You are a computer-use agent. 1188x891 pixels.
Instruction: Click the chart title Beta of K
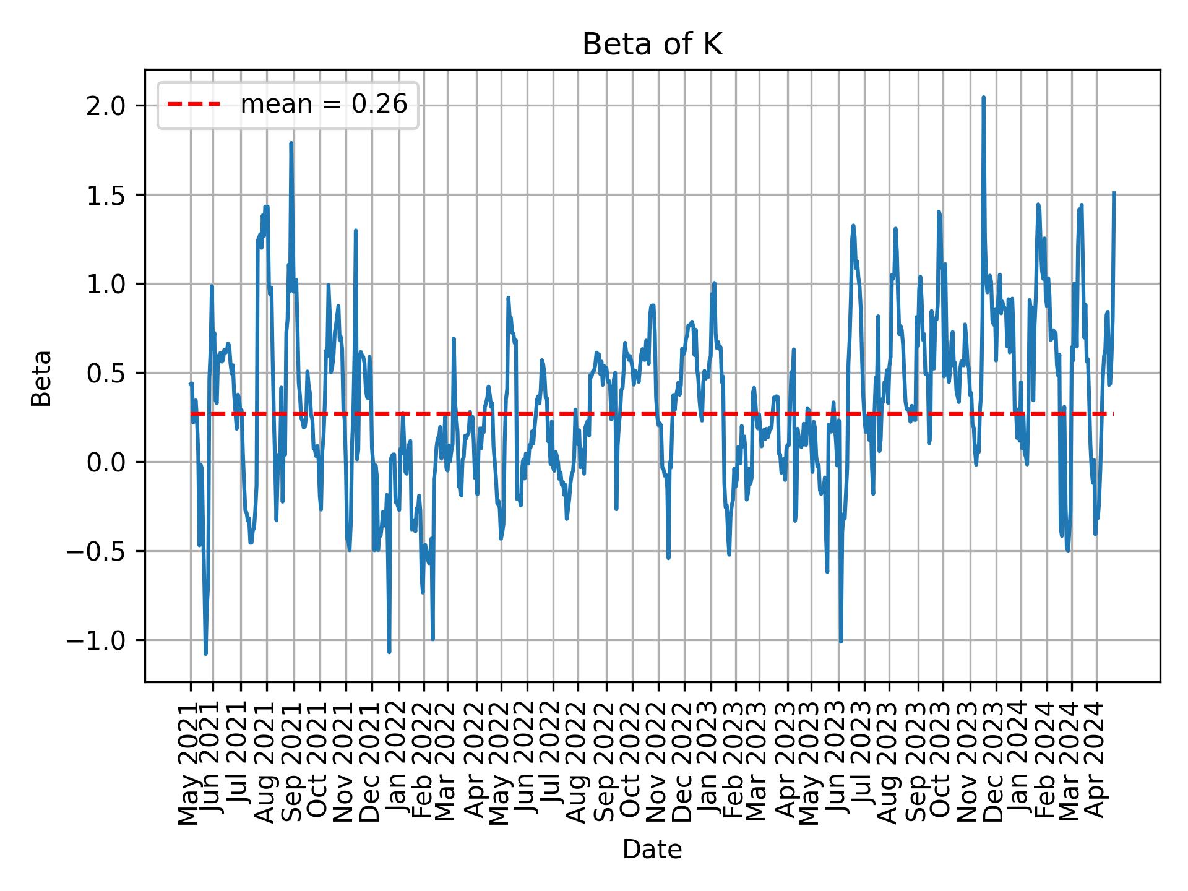click(x=652, y=45)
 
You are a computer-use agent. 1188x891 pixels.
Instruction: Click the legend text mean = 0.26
click(x=324, y=105)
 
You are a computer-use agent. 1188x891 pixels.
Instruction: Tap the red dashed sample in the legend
click(x=194, y=105)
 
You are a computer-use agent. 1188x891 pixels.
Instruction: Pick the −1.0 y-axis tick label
click(x=103, y=640)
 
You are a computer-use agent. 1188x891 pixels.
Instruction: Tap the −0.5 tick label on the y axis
click(x=103, y=551)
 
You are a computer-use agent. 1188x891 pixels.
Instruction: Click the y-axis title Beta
click(x=41, y=378)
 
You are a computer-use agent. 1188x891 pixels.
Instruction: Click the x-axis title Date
click(x=652, y=850)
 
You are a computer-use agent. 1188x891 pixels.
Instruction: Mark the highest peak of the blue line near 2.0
click(x=983, y=97)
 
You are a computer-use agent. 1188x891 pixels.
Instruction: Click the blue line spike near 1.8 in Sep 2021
click(x=291, y=144)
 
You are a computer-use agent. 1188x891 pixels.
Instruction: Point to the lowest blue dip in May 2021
click(x=205, y=653)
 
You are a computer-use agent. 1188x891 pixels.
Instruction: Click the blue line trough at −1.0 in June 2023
click(x=841, y=641)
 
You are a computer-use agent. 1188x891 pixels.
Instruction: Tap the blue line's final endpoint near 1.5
click(x=1114, y=192)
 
